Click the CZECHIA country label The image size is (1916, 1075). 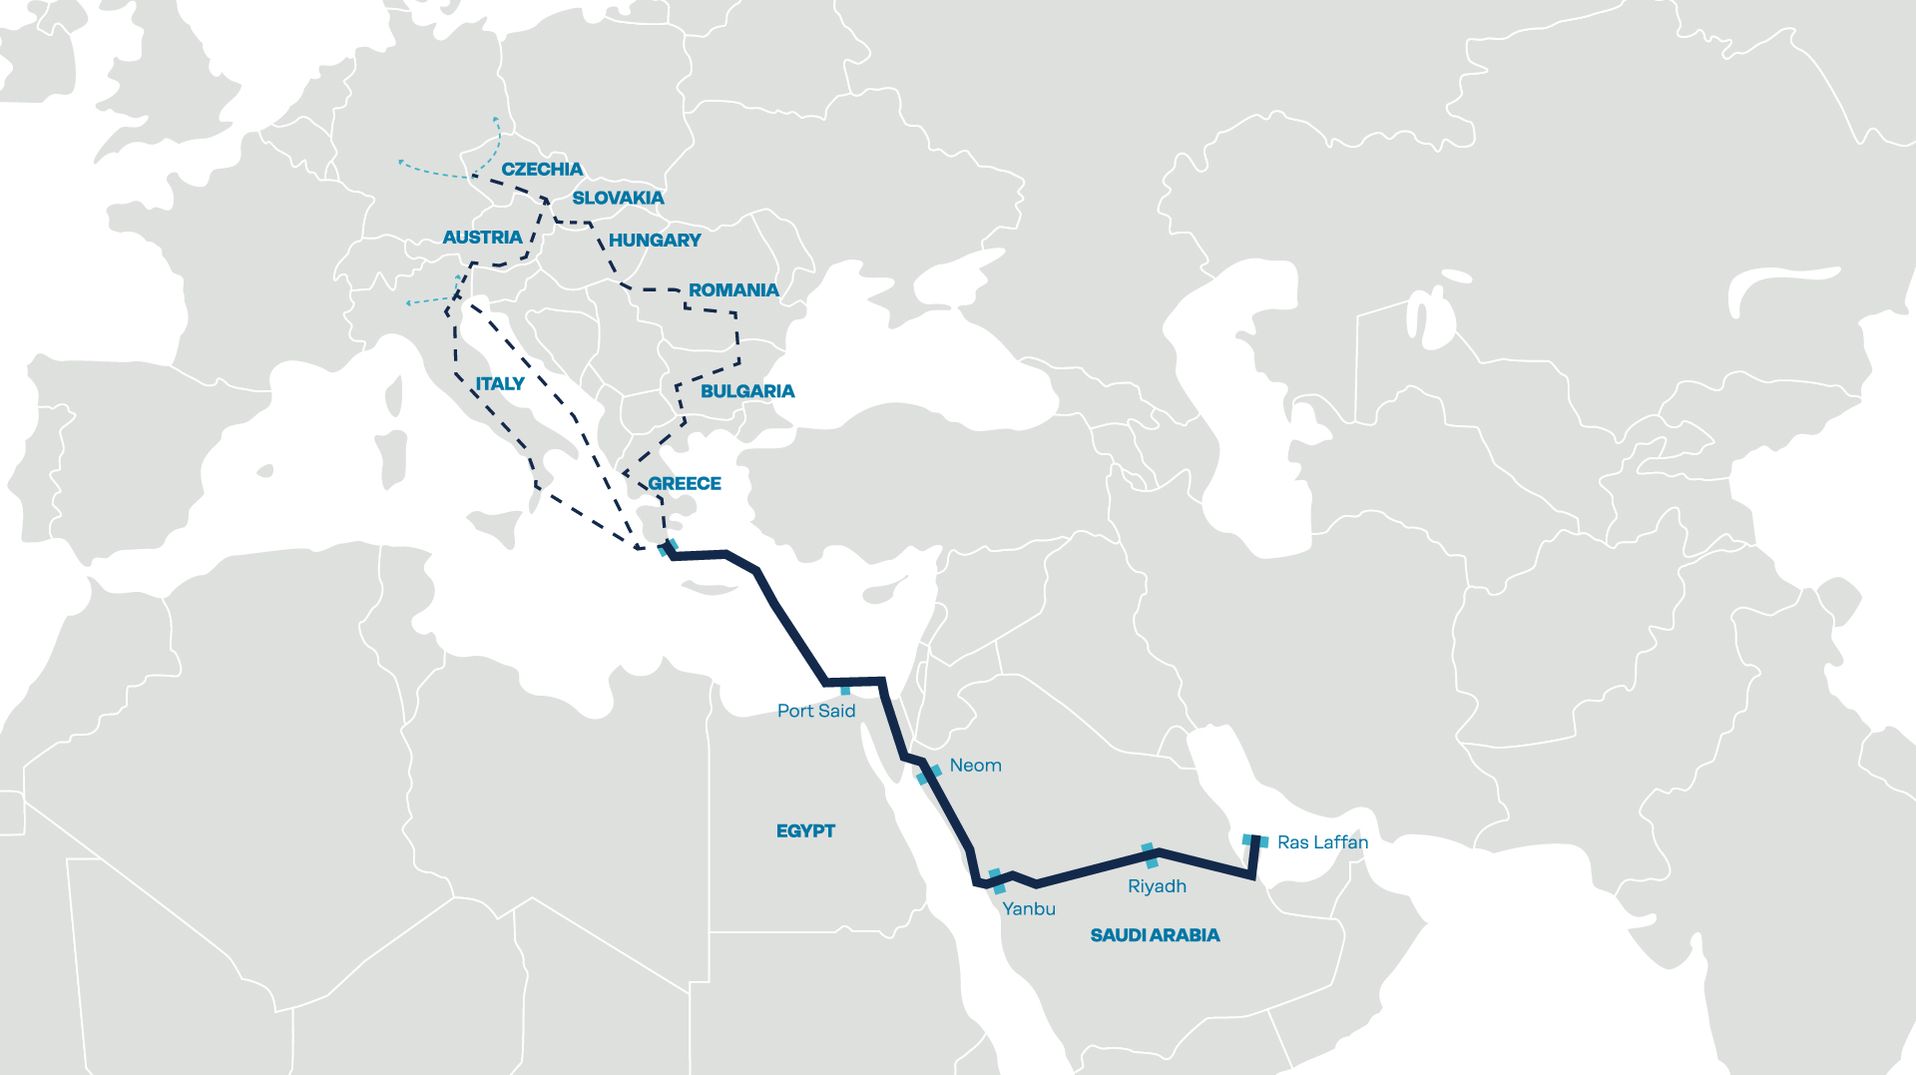[x=542, y=170]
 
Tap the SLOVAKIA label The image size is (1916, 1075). [x=618, y=198]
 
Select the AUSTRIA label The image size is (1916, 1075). [x=482, y=238]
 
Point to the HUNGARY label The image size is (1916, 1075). [x=655, y=241]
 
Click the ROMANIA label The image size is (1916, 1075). [x=733, y=290]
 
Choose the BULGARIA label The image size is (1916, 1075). [x=747, y=391]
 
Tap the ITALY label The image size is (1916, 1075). [x=500, y=384]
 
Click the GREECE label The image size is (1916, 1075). [x=685, y=484]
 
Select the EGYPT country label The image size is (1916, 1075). [x=805, y=830]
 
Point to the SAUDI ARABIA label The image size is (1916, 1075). [x=1155, y=935]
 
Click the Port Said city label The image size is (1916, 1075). [x=816, y=711]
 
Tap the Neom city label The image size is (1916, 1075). [x=975, y=766]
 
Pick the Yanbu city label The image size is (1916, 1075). [x=1029, y=908]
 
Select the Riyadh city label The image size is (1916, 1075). [x=1157, y=886]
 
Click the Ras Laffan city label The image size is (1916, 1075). [x=1322, y=842]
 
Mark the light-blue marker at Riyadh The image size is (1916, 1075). [x=1151, y=855]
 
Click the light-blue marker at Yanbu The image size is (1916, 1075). [x=996, y=881]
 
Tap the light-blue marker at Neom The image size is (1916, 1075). [x=929, y=774]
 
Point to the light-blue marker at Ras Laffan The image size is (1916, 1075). [x=1255, y=841]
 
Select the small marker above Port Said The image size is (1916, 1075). [x=845, y=690]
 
